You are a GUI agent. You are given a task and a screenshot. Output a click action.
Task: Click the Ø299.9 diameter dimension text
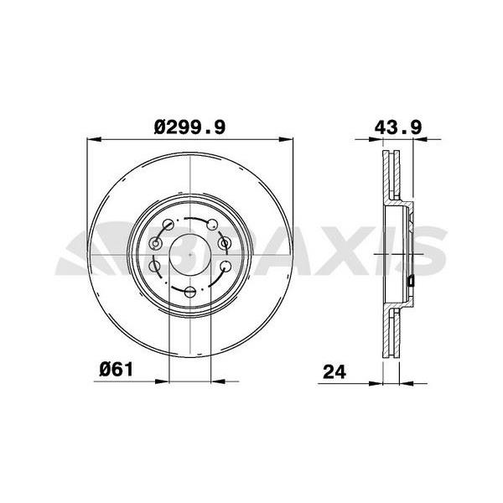tap(190, 127)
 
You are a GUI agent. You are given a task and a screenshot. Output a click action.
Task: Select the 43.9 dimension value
tap(398, 127)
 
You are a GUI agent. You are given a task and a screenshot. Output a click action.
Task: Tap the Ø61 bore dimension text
tap(117, 370)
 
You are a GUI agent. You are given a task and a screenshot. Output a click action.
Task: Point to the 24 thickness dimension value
tap(334, 372)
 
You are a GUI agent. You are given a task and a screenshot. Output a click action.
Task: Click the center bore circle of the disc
tap(190, 255)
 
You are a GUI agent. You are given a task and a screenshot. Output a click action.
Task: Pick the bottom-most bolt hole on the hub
tap(190, 292)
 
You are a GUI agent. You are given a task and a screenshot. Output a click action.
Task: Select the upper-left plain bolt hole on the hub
tap(169, 224)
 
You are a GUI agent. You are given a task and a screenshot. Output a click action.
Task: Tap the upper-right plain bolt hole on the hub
tap(212, 225)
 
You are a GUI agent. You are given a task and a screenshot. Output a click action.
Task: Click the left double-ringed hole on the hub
tap(156, 243)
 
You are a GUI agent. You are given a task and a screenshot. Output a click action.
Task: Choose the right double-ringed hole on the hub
tap(225, 243)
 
